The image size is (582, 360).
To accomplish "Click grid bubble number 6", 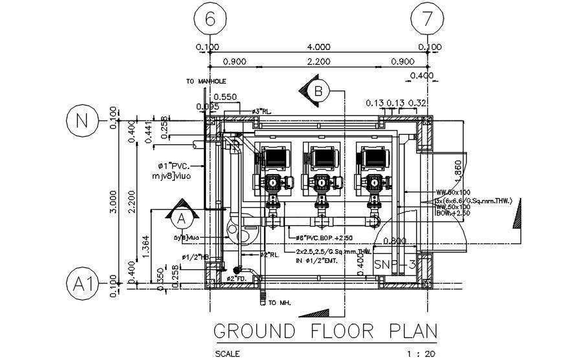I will coord(209,19).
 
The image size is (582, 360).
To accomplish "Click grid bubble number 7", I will coord(426,19).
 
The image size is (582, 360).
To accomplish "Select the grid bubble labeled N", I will coord(81,121).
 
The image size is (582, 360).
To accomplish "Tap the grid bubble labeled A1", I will coord(81,284).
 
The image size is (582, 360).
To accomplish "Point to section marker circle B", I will coord(317,91).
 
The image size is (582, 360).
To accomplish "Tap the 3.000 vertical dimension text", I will coord(114,201).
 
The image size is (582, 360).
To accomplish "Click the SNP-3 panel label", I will coord(394,265).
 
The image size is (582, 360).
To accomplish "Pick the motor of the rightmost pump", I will coord(375,157).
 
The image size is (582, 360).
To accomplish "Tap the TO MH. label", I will coord(279,302).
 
